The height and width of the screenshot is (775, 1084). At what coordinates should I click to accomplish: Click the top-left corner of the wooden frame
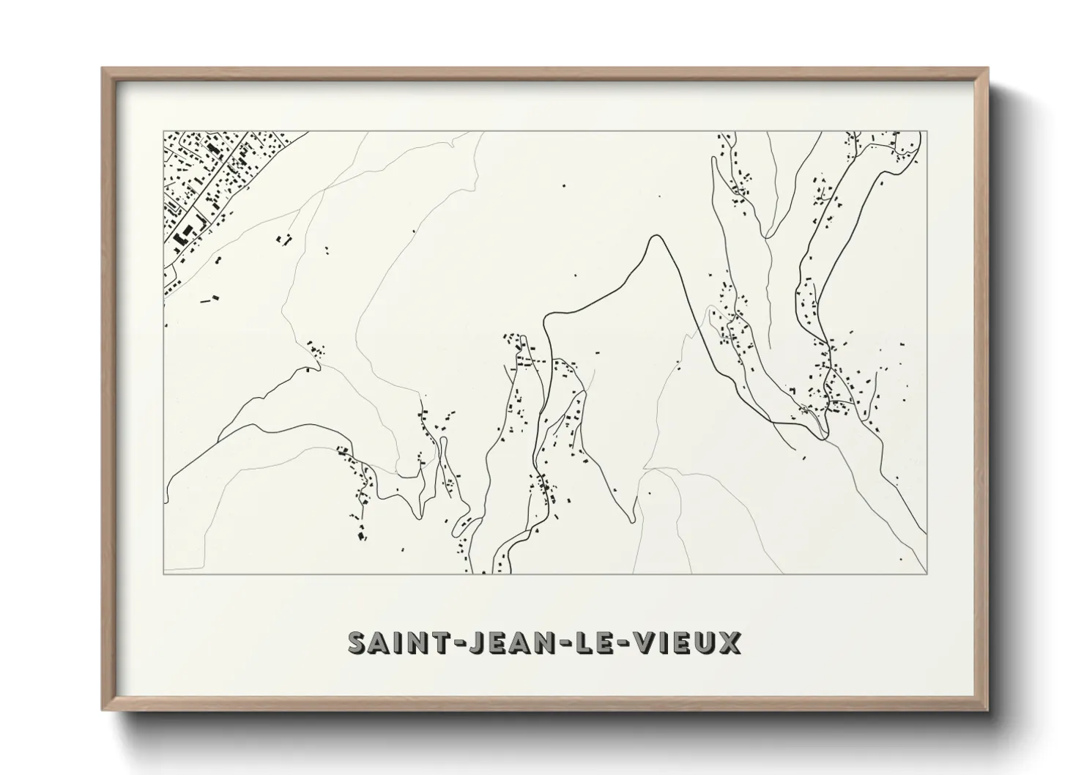[103, 69]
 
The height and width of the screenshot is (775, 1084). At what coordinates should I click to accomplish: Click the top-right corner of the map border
[927, 132]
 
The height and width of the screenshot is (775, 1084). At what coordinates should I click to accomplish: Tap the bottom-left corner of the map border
[163, 574]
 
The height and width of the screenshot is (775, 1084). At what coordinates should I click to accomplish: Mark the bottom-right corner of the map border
[927, 574]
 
